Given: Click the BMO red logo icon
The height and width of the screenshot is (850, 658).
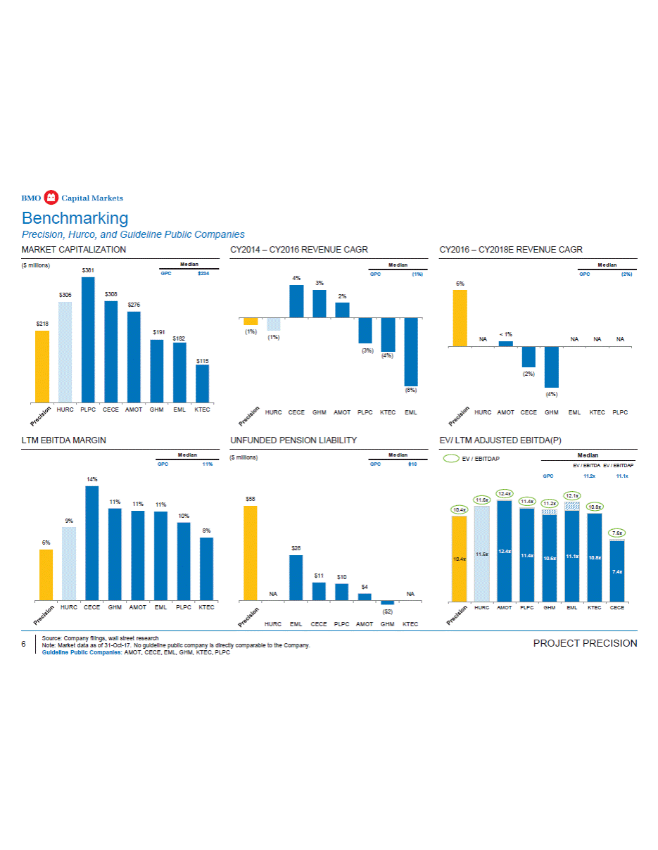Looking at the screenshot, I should point(50,197).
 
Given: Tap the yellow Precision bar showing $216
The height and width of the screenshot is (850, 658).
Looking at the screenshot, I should point(42,366).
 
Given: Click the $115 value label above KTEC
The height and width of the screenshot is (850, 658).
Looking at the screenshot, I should point(202,361).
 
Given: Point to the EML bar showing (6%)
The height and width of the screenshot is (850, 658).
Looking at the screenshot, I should point(410,351).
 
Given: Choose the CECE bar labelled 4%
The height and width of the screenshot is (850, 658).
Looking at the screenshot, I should point(296,301).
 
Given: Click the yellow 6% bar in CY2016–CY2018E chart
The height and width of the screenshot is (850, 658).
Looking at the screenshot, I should point(460,318).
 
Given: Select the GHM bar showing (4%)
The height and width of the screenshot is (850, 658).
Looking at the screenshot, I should point(551,367).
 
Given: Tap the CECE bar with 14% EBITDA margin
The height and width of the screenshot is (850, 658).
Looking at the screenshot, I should point(91,543).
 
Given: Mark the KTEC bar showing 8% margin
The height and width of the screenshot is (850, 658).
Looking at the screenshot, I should point(206,569).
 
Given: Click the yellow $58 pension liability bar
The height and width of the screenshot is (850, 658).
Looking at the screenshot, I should point(250,553).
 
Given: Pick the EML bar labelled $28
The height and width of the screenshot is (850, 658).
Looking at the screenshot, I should point(296,578).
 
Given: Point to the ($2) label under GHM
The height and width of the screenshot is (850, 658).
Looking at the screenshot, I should point(388,612).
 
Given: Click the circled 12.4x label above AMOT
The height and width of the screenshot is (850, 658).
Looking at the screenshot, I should point(504,493).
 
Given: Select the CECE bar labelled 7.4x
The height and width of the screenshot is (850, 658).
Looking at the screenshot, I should point(616,571).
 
